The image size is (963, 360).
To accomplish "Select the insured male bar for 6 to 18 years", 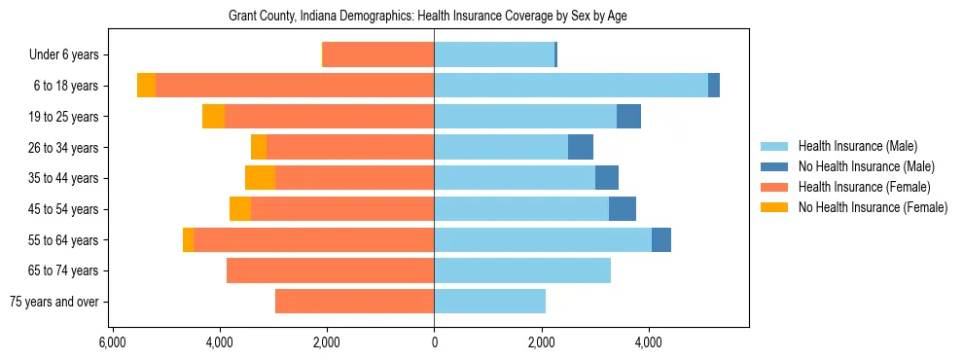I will click(570, 86).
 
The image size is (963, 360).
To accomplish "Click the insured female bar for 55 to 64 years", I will click(313, 239).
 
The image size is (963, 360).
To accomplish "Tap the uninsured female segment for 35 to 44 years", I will click(260, 178).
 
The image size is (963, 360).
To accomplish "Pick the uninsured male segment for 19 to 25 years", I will click(628, 117).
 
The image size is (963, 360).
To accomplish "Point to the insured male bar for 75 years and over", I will click(489, 302).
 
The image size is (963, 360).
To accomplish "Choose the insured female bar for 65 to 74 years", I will click(330, 270).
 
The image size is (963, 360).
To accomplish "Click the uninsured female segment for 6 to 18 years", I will click(146, 86).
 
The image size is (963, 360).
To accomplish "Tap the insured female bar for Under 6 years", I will click(378, 55).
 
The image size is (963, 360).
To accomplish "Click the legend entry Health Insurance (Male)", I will click(856, 147).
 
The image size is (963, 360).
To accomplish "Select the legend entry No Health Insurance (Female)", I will click(872, 207).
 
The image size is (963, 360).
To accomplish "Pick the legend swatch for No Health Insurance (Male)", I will click(774, 167).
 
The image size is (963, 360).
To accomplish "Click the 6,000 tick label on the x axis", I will click(113, 342).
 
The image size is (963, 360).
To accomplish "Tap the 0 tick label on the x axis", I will click(434, 342).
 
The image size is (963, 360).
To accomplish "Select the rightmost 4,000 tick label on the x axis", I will click(649, 342).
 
